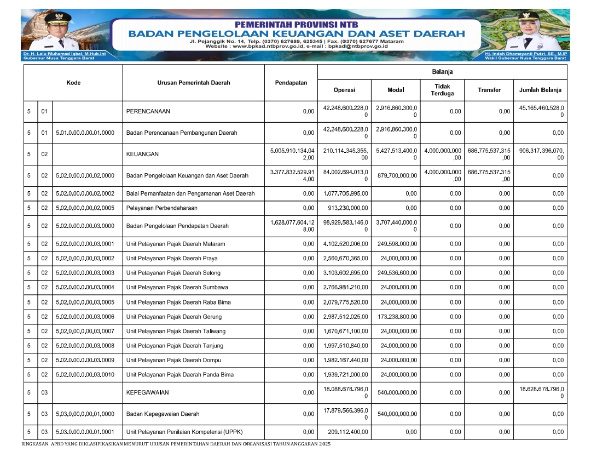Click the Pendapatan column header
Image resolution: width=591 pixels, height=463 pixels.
(291, 83)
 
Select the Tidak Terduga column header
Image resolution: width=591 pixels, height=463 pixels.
(442, 90)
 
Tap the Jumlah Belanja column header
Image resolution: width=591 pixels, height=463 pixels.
(541, 90)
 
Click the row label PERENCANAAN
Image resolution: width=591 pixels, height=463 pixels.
(148, 111)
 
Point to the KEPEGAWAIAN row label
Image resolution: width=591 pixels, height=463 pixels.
(148, 392)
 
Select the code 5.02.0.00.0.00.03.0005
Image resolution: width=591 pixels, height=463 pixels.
(85, 302)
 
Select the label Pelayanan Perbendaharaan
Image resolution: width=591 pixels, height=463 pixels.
(161, 208)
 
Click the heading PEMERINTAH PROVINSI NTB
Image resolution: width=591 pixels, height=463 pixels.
(296, 25)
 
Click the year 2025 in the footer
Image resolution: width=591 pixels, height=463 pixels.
(325, 444)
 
